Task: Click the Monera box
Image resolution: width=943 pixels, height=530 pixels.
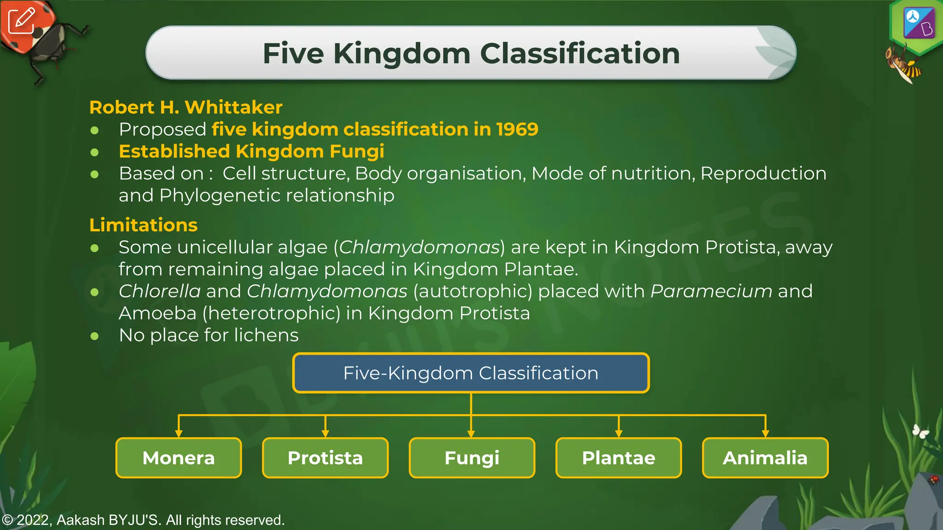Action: [179, 458]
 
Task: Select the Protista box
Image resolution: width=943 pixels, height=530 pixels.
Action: [325, 458]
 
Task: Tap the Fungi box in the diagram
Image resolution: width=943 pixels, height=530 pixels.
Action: [472, 458]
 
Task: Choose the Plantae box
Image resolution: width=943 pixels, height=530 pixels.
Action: [618, 458]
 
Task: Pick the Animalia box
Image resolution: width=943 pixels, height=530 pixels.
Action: [765, 458]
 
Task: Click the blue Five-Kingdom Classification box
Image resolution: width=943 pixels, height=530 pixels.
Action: [471, 373]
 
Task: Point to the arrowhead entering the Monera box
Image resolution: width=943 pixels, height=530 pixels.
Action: [179, 433]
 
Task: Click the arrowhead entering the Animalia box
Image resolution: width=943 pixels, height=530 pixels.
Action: [765, 433]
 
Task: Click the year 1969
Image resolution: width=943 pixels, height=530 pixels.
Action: [517, 129]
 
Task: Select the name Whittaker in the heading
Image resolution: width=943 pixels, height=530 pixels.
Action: [233, 107]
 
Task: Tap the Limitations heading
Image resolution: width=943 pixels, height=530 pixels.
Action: [143, 225]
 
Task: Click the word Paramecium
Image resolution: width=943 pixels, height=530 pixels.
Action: [711, 291]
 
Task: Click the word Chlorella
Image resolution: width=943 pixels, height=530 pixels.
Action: [160, 291]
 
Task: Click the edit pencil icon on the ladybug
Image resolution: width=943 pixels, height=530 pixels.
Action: [21, 20]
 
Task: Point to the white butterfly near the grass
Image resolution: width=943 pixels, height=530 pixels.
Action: [920, 431]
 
